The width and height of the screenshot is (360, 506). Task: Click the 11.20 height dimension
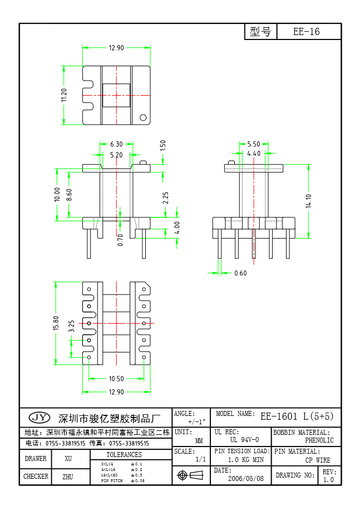(x=64, y=95)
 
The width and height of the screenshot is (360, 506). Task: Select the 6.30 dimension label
(x=116, y=145)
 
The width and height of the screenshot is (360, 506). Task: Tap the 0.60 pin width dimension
(x=240, y=273)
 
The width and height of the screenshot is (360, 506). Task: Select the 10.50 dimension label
(x=116, y=379)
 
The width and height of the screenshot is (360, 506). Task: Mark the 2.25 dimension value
(x=165, y=197)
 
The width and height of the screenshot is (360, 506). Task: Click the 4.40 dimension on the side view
(x=254, y=153)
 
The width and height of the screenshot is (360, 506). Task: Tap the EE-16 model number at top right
(x=307, y=32)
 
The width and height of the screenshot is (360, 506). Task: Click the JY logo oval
(x=39, y=418)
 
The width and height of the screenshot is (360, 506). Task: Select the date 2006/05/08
(x=245, y=478)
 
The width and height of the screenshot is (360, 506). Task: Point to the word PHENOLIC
(x=319, y=440)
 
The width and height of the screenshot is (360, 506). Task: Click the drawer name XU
(x=68, y=459)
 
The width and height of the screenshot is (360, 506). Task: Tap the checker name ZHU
(x=68, y=477)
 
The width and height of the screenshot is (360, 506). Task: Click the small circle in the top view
(x=142, y=117)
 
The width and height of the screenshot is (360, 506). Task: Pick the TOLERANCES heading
(x=124, y=455)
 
